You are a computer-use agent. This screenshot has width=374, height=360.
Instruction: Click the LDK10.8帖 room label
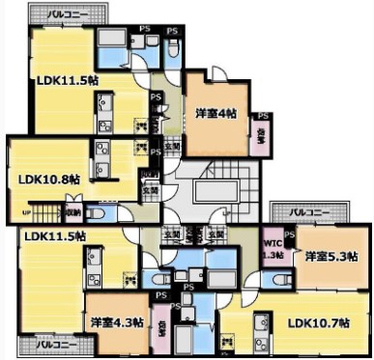tap(48, 179)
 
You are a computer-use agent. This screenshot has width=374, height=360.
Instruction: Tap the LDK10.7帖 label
tap(319, 321)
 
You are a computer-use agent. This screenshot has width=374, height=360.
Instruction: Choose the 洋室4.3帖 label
tap(117, 321)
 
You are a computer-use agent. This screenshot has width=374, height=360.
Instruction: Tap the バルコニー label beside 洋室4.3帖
tap(57, 343)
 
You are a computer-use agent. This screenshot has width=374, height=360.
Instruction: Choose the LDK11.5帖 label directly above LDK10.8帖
tap(67, 81)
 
